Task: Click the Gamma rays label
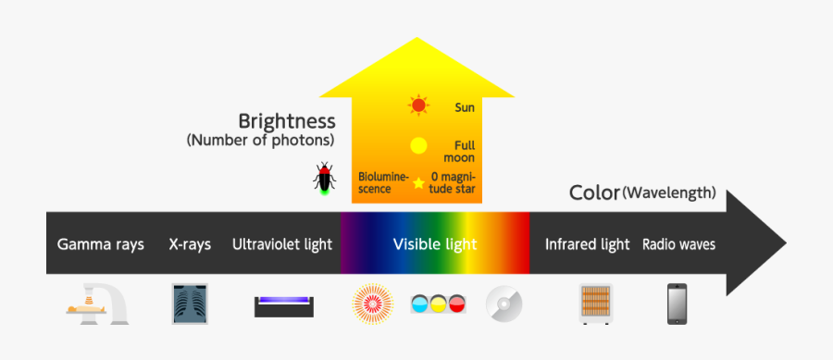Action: [x=101, y=245]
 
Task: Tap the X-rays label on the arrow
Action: [x=190, y=245]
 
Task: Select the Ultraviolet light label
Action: [x=281, y=245]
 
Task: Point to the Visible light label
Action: [x=435, y=244]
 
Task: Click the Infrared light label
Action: [x=587, y=245]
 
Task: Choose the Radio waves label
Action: [x=678, y=245]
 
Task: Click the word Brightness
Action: [x=287, y=121]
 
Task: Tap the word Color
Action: [x=594, y=192]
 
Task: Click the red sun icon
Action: [x=418, y=106]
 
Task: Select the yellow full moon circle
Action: [x=418, y=145]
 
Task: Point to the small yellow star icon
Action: [x=418, y=183]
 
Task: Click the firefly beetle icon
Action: [x=324, y=178]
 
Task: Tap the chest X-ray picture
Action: [x=192, y=304]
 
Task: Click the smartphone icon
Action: [x=678, y=304]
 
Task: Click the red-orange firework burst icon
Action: [x=372, y=304]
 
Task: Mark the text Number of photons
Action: [x=260, y=141]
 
